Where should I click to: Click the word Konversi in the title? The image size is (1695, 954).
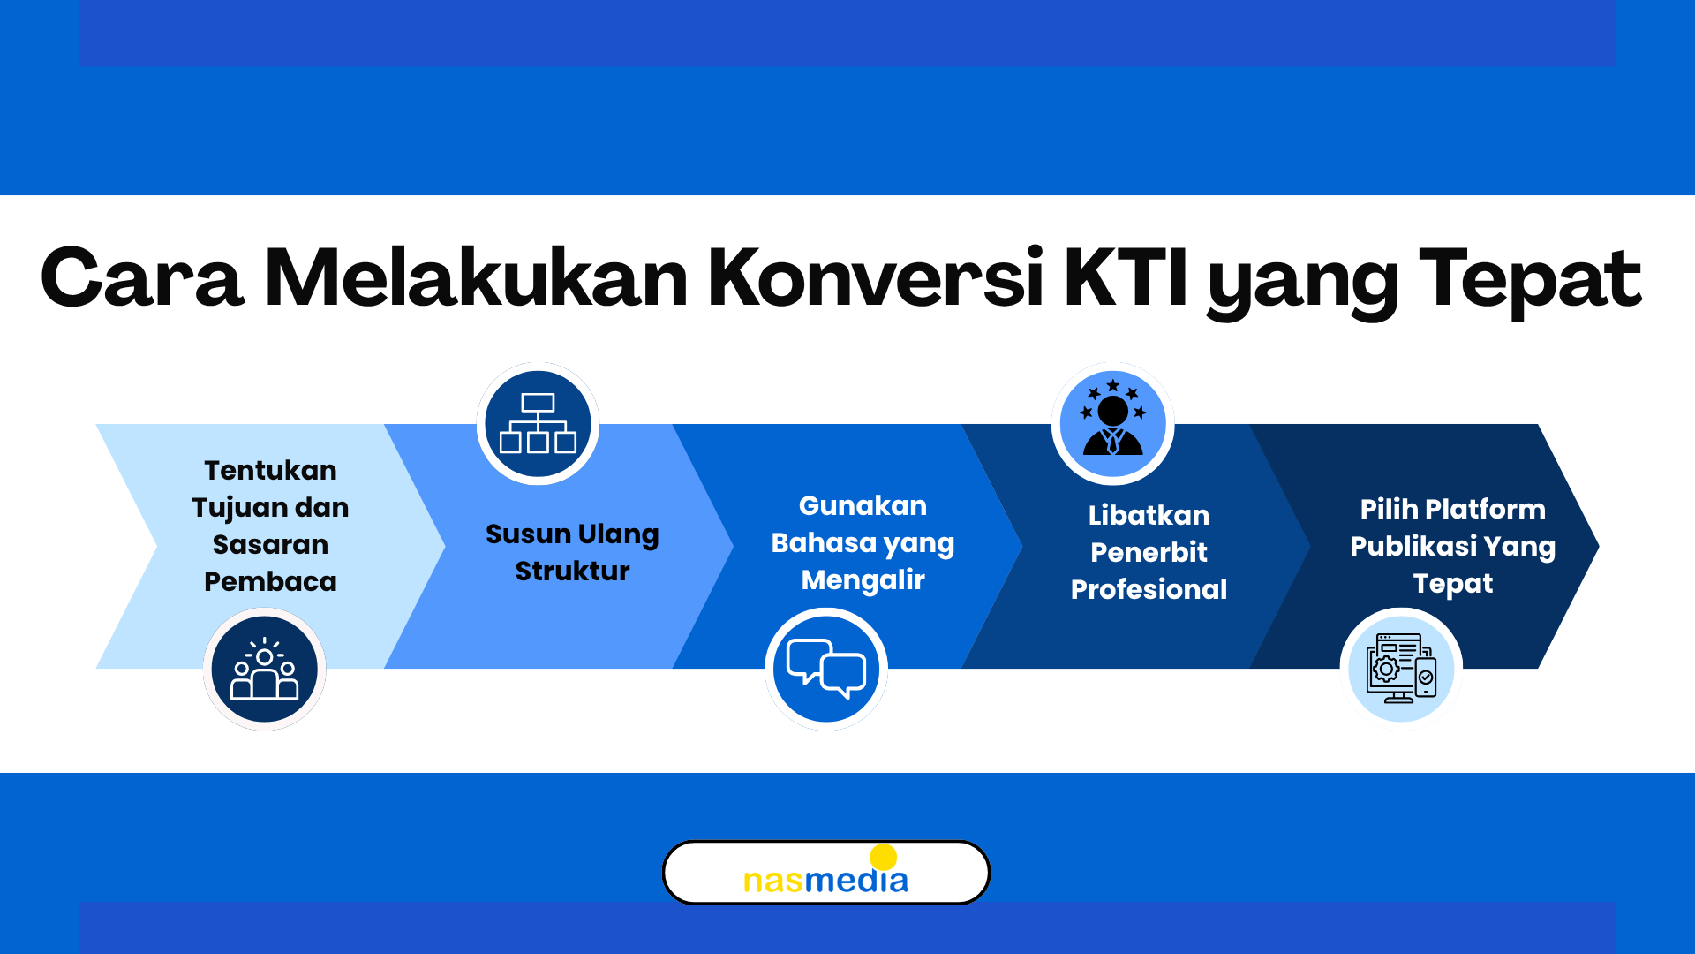pyautogui.click(x=876, y=277)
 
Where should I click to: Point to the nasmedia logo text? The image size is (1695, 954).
pyautogui.click(x=825, y=880)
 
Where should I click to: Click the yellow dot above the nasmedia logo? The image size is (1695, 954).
pyautogui.click(x=883, y=857)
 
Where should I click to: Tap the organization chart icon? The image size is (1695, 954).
pyautogui.click(x=538, y=423)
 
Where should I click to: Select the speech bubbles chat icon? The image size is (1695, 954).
pyautogui.click(x=826, y=669)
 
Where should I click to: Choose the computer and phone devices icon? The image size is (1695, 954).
pyautogui.click(x=1401, y=669)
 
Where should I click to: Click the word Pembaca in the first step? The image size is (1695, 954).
pyautogui.click(x=270, y=581)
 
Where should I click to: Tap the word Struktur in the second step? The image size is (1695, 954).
pyautogui.click(x=572, y=571)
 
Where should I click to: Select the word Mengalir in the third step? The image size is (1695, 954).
pyautogui.click(x=863, y=580)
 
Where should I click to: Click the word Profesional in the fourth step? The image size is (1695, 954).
pyautogui.click(x=1149, y=589)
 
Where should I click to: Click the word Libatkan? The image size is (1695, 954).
pyautogui.click(x=1149, y=515)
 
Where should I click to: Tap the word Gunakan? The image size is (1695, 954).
pyautogui.click(x=863, y=505)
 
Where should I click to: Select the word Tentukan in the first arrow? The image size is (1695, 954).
pyautogui.click(x=270, y=470)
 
